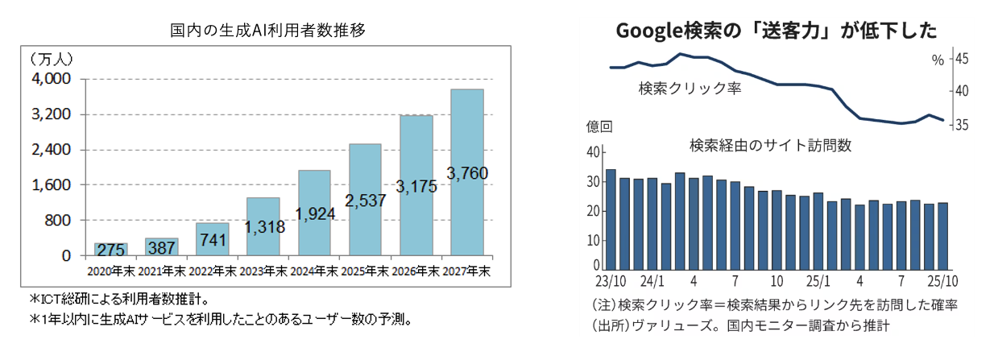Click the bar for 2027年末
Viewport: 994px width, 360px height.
pos(466,172)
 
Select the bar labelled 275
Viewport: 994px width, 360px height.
pos(111,250)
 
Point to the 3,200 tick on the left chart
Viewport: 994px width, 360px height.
pos(52,114)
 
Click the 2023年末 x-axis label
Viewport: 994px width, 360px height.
pos(263,271)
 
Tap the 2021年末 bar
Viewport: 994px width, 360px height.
pos(161,246)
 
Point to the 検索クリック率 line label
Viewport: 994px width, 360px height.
pos(689,88)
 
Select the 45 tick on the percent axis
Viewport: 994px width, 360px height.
pos(962,58)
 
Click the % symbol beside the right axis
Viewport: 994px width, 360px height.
pos(937,60)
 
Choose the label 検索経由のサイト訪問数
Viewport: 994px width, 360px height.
pos(771,146)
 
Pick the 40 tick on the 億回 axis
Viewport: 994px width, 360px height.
pos(594,152)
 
